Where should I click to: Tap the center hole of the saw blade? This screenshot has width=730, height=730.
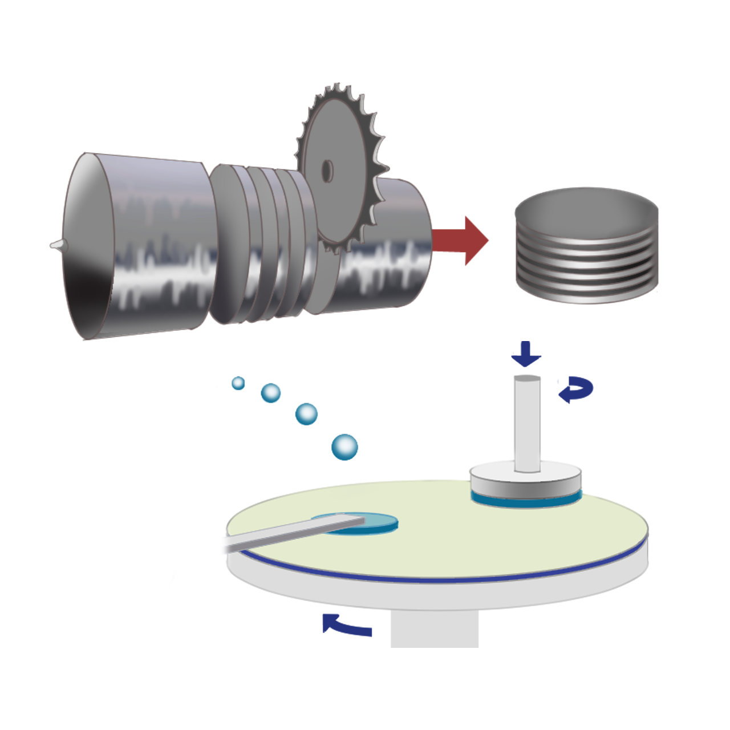327,170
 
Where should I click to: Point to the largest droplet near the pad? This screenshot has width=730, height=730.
344,447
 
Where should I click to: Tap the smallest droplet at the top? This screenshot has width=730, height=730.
238,383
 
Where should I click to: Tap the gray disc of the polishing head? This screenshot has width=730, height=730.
525,482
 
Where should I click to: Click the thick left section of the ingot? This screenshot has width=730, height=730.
137,245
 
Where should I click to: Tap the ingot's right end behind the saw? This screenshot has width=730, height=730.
399,245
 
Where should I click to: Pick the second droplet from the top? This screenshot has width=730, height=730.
271,392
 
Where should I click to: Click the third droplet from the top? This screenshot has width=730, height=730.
307,413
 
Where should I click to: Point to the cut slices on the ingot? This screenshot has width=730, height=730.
262,245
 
